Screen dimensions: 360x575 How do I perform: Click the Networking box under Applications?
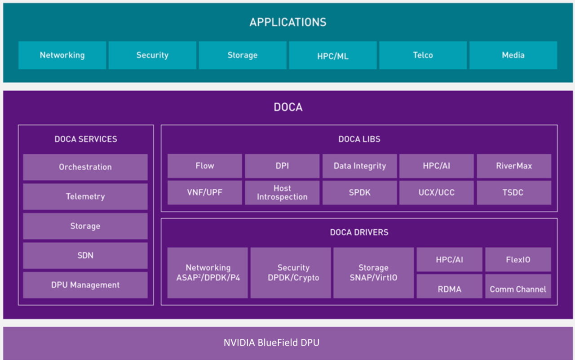[x=62, y=55]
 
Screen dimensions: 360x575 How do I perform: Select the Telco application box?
[x=423, y=55]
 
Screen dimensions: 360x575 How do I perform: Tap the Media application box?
[x=513, y=55]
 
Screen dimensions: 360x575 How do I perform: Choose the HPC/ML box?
[x=332, y=56]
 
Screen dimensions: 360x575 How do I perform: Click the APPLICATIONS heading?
[x=288, y=22]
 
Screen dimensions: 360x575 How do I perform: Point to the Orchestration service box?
[x=85, y=167]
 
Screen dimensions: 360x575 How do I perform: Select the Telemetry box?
[x=85, y=196]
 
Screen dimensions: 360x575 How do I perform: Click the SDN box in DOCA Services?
[x=85, y=255]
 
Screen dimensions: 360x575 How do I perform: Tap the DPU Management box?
[x=85, y=285]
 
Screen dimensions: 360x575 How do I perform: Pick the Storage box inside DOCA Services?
[x=85, y=226]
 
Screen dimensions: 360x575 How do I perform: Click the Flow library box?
[x=204, y=166]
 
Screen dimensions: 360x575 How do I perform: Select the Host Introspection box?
[x=282, y=192]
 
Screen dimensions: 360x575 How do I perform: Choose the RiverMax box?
[x=514, y=166]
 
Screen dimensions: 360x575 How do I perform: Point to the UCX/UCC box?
[x=436, y=192]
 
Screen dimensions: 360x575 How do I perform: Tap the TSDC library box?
[x=514, y=192]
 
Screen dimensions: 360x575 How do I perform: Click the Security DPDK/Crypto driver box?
[x=291, y=273]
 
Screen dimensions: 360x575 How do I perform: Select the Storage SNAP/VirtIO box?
[x=373, y=273]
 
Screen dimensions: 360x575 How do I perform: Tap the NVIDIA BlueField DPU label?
[x=271, y=342]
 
